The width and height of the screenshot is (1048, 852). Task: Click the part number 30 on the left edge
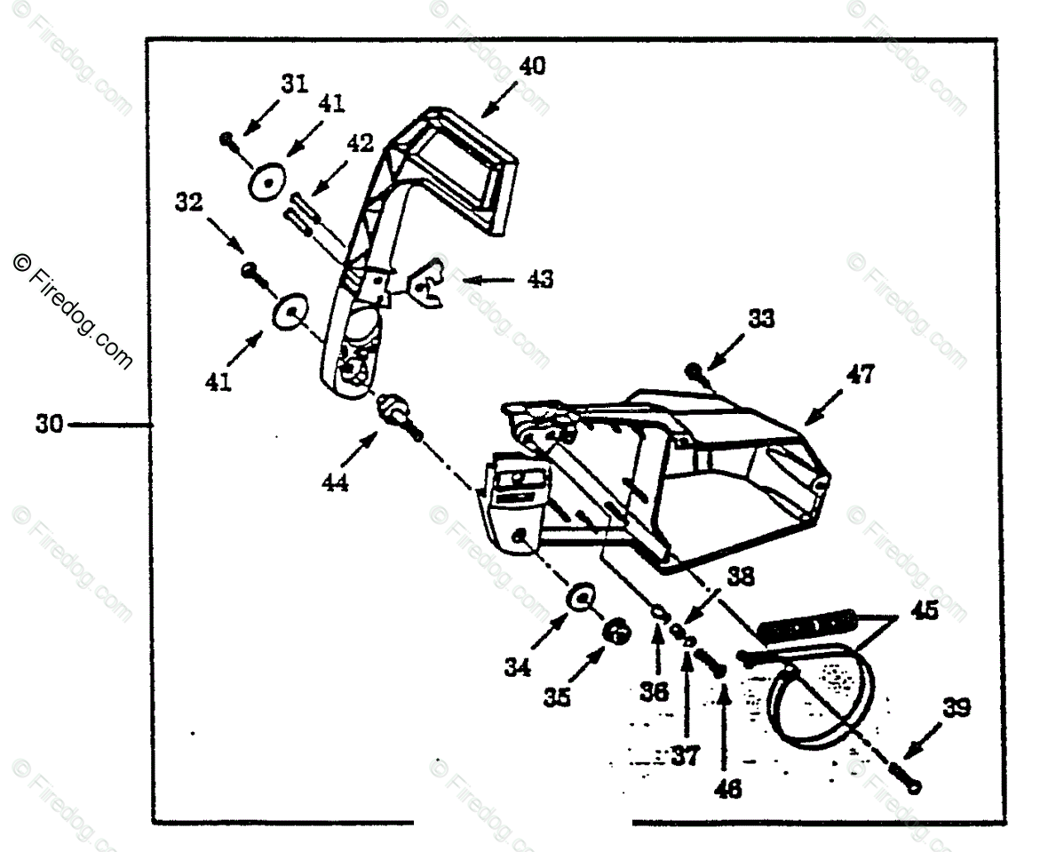tap(49, 425)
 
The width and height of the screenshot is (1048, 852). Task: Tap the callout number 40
tap(534, 67)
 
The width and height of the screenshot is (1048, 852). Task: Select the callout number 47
tap(859, 374)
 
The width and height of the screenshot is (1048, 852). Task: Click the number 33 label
tap(760, 319)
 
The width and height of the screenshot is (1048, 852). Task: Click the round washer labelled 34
tap(580, 598)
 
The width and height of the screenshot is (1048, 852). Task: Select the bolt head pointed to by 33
tap(693, 370)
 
